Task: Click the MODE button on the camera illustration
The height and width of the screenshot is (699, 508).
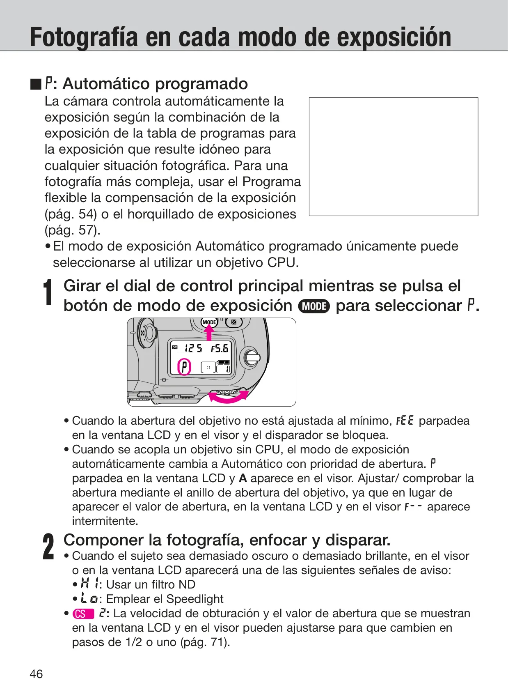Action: tap(209, 322)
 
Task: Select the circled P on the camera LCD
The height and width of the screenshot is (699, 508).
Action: tap(184, 367)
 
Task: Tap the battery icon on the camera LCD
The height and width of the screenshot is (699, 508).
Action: tap(223, 362)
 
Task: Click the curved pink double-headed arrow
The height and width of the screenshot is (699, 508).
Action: tap(228, 397)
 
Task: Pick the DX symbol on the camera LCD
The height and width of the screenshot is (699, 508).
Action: tap(175, 347)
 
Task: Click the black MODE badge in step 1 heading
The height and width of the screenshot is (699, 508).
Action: tap(314, 306)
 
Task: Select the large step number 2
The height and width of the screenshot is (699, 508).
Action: tap(48, 546)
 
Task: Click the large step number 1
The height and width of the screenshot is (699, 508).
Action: tap(48, 292)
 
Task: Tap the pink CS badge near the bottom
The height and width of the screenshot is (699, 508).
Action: tap(83, 614)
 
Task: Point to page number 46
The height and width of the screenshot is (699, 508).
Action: tap(36, 674)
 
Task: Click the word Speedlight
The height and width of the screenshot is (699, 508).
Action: tap(195, 599)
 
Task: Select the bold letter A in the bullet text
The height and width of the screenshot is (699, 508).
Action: tap(243, 478)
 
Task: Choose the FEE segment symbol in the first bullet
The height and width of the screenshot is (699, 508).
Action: tap(405, 421)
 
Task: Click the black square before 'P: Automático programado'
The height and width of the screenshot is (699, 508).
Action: tap(36, 84)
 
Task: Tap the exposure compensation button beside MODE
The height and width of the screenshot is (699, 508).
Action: tap(233, 322)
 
